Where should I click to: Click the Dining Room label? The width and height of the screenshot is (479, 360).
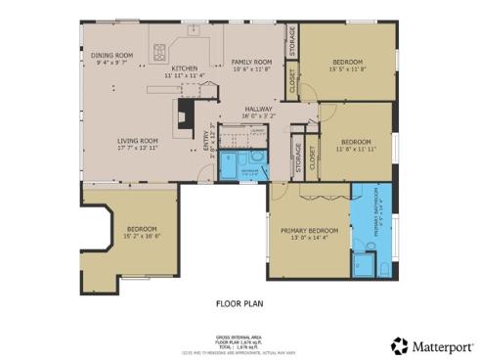pyautogui.click(x=111, y=56)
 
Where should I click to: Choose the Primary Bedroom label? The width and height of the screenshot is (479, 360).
pyautogui.click(x=308, y=231)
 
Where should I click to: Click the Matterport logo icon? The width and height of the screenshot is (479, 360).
pyautogui.click(x=399, y=345)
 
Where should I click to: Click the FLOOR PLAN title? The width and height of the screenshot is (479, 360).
pyautogui.click(x=239, y=303)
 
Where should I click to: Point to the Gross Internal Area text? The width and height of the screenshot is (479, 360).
pyautogui.click(x=239, y=336)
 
